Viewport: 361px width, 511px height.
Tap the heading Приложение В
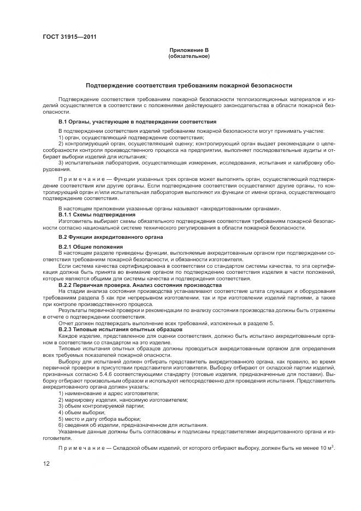pos(189,50)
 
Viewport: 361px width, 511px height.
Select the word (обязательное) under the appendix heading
pos(189,56)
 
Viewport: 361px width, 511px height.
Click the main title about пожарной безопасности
pos(189,86)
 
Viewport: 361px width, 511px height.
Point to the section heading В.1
pos(137,121)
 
